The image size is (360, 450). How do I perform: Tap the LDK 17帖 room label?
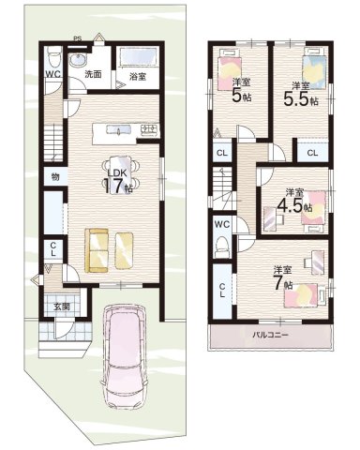(x=117, y=182)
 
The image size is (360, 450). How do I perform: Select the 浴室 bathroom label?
(x=138, y=77)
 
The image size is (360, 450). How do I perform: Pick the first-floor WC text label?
(x=52, y=74)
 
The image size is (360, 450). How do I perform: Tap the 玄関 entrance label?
(x=61, y=307)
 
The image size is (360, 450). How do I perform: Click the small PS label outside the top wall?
(x=77, y=38)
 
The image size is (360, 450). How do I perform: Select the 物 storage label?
(x=54, y=177)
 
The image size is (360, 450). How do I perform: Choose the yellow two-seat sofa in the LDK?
(x=97, y=250)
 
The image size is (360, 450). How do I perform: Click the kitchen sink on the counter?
(x=118, y=129)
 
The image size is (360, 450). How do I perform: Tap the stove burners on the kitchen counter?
(x=149, y=129)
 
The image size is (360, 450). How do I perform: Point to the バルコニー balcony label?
(x=270, y=336)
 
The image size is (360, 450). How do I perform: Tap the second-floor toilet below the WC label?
(x=222, y=245)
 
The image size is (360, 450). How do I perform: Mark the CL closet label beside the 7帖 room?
(x=222, y=291)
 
